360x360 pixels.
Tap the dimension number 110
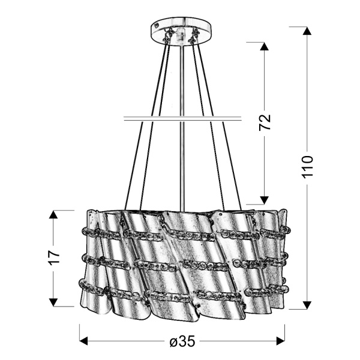(308, 167)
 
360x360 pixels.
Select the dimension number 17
(55, 257)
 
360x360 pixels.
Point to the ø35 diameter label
(182, 341)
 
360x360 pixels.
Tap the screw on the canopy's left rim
(157, 26)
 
